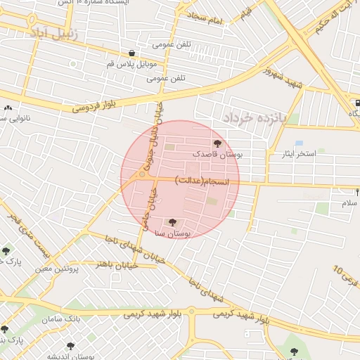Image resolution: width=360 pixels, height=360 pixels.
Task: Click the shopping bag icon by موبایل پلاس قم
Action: pos(132,53)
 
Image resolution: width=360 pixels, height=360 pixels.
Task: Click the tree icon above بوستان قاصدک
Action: pos(217,143)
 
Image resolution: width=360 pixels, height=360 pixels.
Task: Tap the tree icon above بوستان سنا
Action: pos(174,223)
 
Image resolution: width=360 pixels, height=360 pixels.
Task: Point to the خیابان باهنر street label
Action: pos(114,265)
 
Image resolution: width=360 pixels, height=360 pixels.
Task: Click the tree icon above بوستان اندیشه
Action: pos(70,345)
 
